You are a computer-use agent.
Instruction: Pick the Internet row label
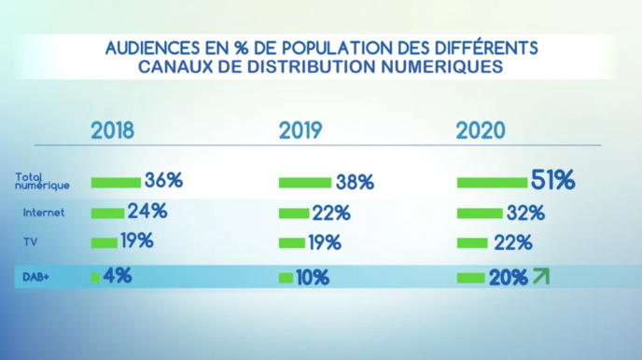point(44,213)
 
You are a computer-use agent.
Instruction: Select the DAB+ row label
point(35,277)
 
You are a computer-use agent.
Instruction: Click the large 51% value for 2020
point(551,180)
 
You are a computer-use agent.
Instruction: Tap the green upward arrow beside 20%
point(539,276)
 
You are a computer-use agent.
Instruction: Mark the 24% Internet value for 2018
point(147,212)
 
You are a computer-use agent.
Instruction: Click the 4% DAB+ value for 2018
point(118,275)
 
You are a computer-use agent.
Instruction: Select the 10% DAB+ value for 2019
point(313,277)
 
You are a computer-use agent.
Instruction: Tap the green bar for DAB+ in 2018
point(95,277)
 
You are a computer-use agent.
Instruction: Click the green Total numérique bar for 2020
point(492,182)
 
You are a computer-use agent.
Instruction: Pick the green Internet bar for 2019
point(294,214)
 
